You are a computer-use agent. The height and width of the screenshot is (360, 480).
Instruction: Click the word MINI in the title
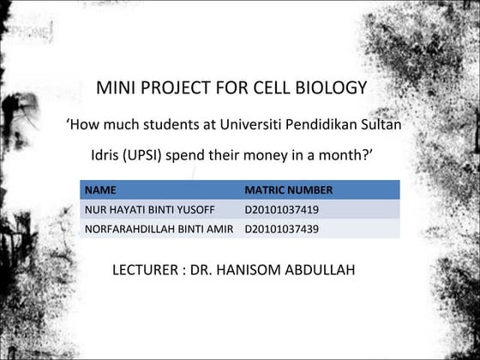[115, 88]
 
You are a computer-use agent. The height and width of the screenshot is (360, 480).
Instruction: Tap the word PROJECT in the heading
[176, 88]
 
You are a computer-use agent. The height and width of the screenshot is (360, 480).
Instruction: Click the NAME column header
[100, 189]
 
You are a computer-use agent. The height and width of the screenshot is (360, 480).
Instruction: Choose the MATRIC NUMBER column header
[288, 189]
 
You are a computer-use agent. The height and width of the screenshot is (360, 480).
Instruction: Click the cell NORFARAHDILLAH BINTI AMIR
[159, 229]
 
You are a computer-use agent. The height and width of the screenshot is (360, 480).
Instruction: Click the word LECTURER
[145, 270]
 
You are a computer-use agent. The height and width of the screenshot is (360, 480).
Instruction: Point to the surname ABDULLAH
[325, 270]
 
